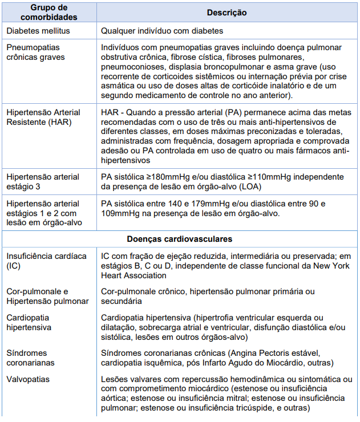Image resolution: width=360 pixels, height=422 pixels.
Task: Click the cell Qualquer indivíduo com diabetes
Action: point(162,31)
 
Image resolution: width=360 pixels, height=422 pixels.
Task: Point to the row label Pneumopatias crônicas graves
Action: point(35,52)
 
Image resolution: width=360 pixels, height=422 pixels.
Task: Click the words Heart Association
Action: point(135,276)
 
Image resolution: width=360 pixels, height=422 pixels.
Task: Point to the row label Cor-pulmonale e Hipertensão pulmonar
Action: point(47,296)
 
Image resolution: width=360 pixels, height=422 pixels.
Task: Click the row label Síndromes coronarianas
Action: point(32,358)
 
